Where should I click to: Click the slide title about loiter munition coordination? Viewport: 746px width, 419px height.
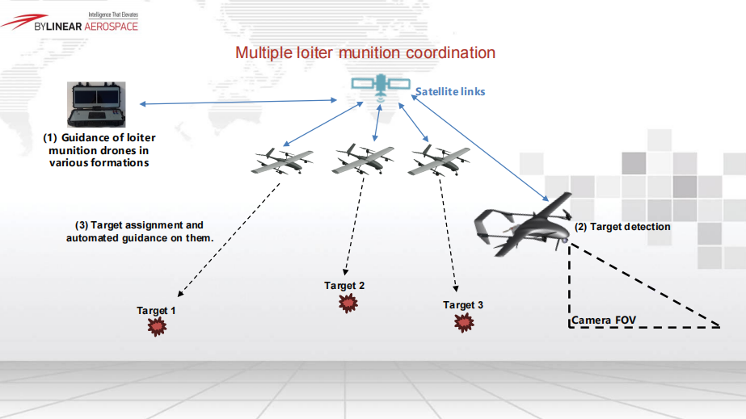(x=365, y=53)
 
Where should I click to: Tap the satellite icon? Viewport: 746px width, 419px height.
(x=379, y=86)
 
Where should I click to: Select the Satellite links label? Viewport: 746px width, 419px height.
(x=450, y=92)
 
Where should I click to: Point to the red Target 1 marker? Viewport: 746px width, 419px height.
(x=157, y=326)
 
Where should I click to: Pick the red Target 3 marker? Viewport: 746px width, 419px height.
(x=465, y=322)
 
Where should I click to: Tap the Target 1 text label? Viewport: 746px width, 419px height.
(x=156, y=311)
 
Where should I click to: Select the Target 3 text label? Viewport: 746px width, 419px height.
(x=463, y=305)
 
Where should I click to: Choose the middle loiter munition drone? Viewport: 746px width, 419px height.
(x=363, y=159)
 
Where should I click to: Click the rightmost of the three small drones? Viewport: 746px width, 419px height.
(x=439, y=160)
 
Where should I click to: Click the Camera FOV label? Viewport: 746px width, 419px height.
(x=604, y=321)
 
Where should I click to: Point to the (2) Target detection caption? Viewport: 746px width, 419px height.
(x=622, y=227)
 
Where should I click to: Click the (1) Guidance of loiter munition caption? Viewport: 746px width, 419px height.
(x=99, y=150)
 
